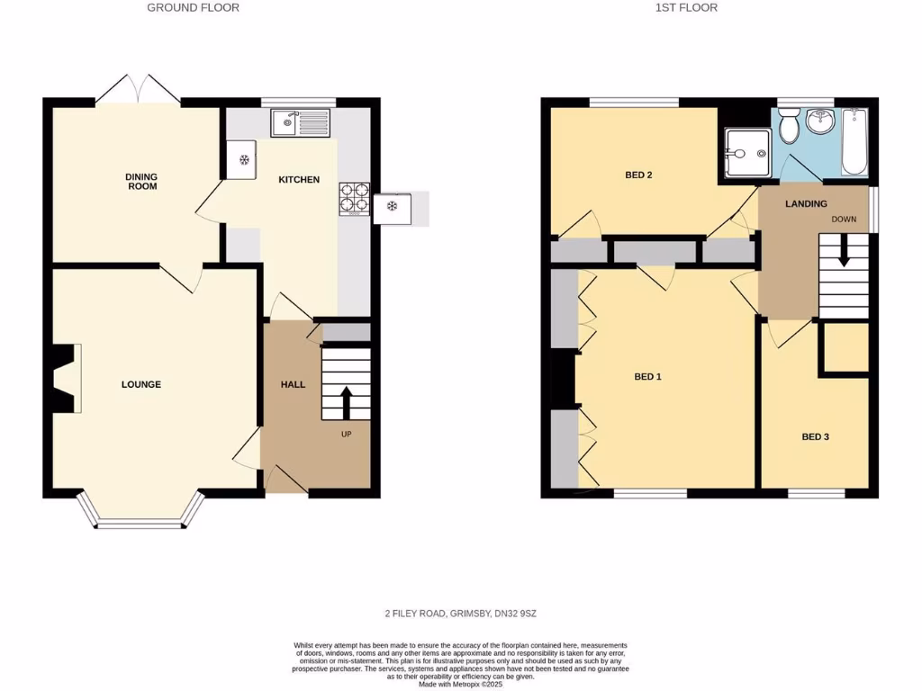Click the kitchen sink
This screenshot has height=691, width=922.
(303, 121)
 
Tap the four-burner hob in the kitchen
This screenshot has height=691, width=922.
(354, 199)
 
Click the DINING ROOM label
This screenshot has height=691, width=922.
(141, 182)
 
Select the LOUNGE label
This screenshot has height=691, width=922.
(141, 384)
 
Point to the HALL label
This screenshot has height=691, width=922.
(293, 384)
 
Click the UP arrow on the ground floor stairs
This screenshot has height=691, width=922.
(346, 402)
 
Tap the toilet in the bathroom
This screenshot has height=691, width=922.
(789, 128)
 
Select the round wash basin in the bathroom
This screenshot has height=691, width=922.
(819, 121)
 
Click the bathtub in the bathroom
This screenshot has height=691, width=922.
(854, 141)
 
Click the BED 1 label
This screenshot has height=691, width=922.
(647, 377)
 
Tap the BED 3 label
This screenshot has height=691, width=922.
(815, 437)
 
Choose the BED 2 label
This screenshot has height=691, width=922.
(638, 175)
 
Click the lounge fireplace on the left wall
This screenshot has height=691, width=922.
(65, 378)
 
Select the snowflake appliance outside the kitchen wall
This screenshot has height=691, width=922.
(392, 207)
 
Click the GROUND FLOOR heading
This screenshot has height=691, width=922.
(194, 7)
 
